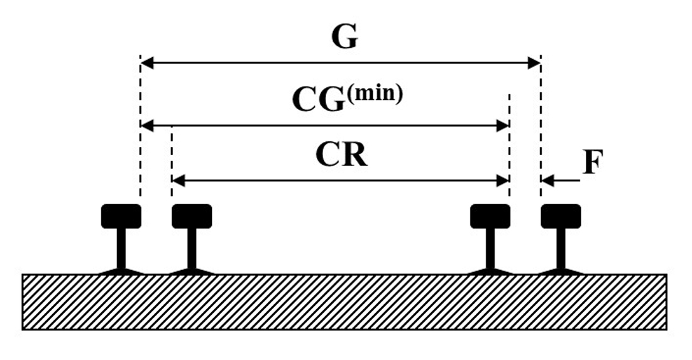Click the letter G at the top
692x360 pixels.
pyautogui.click(x=344, y=38)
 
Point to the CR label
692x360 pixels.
pyautogui.click(x=341, y=155)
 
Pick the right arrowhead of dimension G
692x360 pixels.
pyautogui.click(x=534, y=63)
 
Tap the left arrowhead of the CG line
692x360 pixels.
pyautogui.click(x=147, y=126)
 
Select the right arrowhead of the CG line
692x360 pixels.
pyautogui.click(x=502, y=126)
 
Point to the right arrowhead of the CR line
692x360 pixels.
pyautogui.click(x=502, y=181)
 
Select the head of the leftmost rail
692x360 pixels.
pyautogui.click(x=121, y=216)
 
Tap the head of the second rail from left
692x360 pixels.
pyautogui.click(x=192, y=216)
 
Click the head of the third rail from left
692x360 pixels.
pyautogui.click(x=490, y=216)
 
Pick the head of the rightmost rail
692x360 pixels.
pyautogui.click(x=561, y=216)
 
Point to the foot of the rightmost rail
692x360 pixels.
pyautogui.click(x=561, y=271)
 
